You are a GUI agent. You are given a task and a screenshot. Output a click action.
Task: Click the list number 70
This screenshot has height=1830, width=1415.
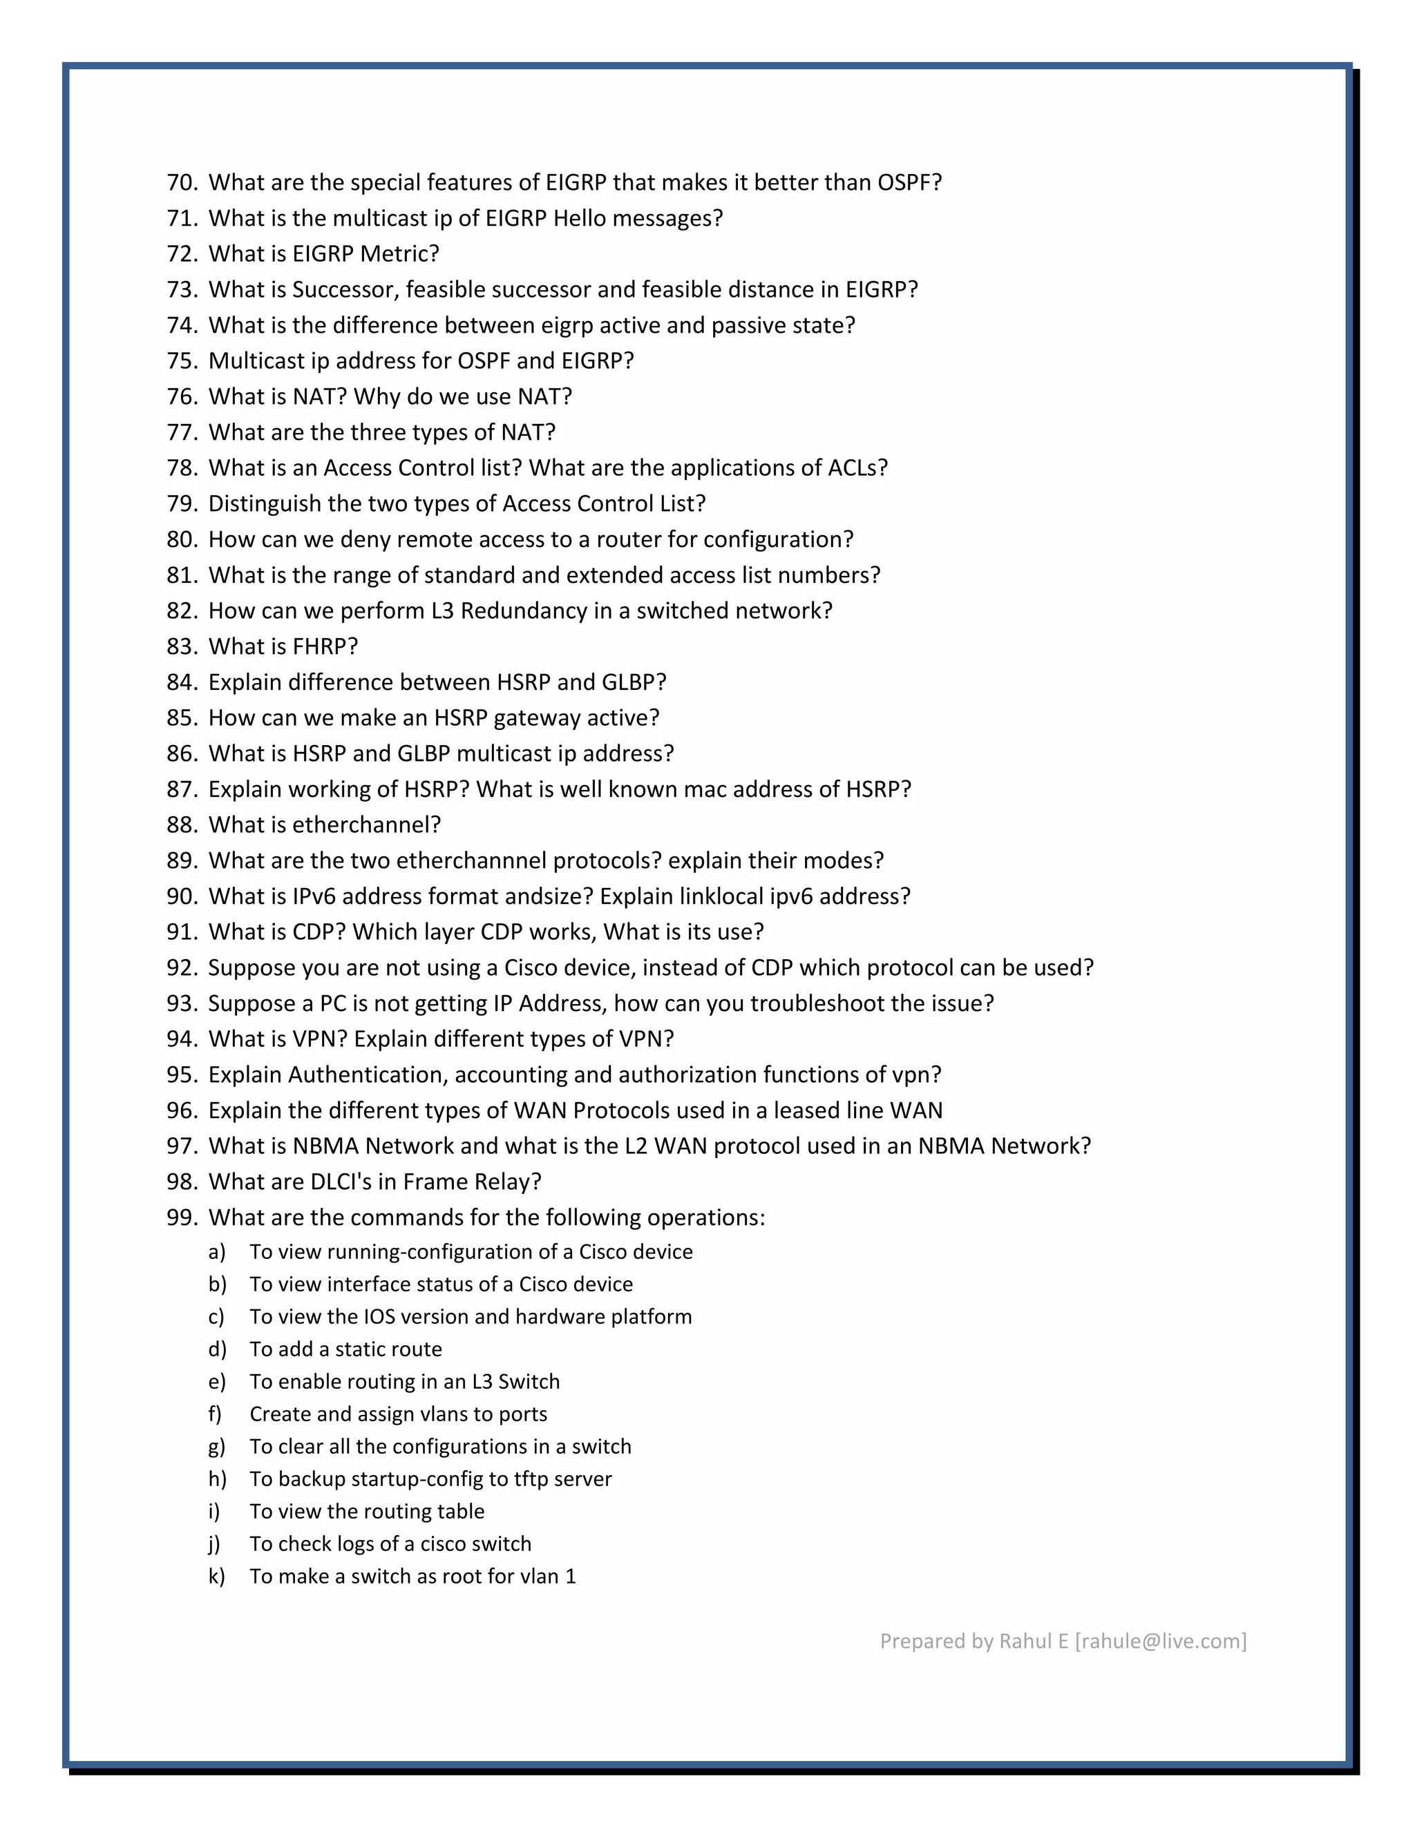pos(181,183)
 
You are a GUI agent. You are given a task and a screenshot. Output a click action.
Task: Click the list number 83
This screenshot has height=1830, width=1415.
pos(181,647)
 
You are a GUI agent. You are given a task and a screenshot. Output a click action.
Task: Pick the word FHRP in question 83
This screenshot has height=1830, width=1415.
pos(325,647)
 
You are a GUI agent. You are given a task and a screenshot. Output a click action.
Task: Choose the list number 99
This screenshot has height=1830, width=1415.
pos(181,1217)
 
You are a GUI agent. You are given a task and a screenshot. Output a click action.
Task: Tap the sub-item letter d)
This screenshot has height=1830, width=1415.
pos(217,1349)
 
